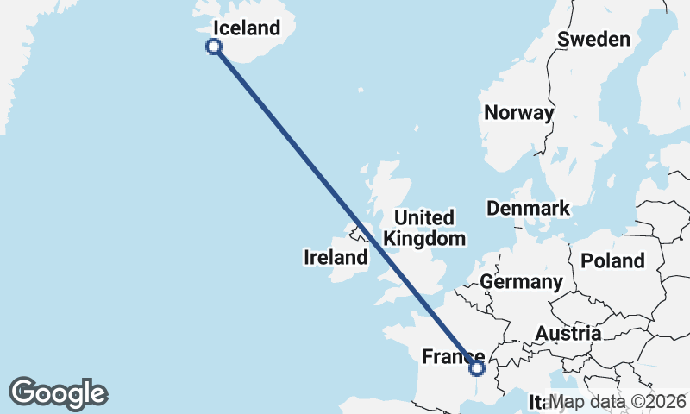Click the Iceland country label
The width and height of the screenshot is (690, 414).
tap(247, 28)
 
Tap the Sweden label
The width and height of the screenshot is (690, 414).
tap(593, 39)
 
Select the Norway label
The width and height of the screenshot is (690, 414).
tap(518, 113)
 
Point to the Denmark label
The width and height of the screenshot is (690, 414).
tap(528, 208)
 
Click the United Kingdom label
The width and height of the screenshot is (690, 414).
tap(424, 228)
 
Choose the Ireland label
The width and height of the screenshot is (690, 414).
tap(336, 257)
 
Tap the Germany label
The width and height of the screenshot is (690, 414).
tap(521, 282)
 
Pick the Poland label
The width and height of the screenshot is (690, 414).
tap(612, 260)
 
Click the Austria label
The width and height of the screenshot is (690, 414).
tap(568, 333)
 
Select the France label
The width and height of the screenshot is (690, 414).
tap(452, 356)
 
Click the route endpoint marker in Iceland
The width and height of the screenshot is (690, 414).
tap(215, 47)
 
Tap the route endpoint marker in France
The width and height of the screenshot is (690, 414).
tap(477, 369)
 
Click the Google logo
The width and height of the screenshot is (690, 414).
tap(58, 393)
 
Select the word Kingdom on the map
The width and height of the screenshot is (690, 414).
tap(424, 239)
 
